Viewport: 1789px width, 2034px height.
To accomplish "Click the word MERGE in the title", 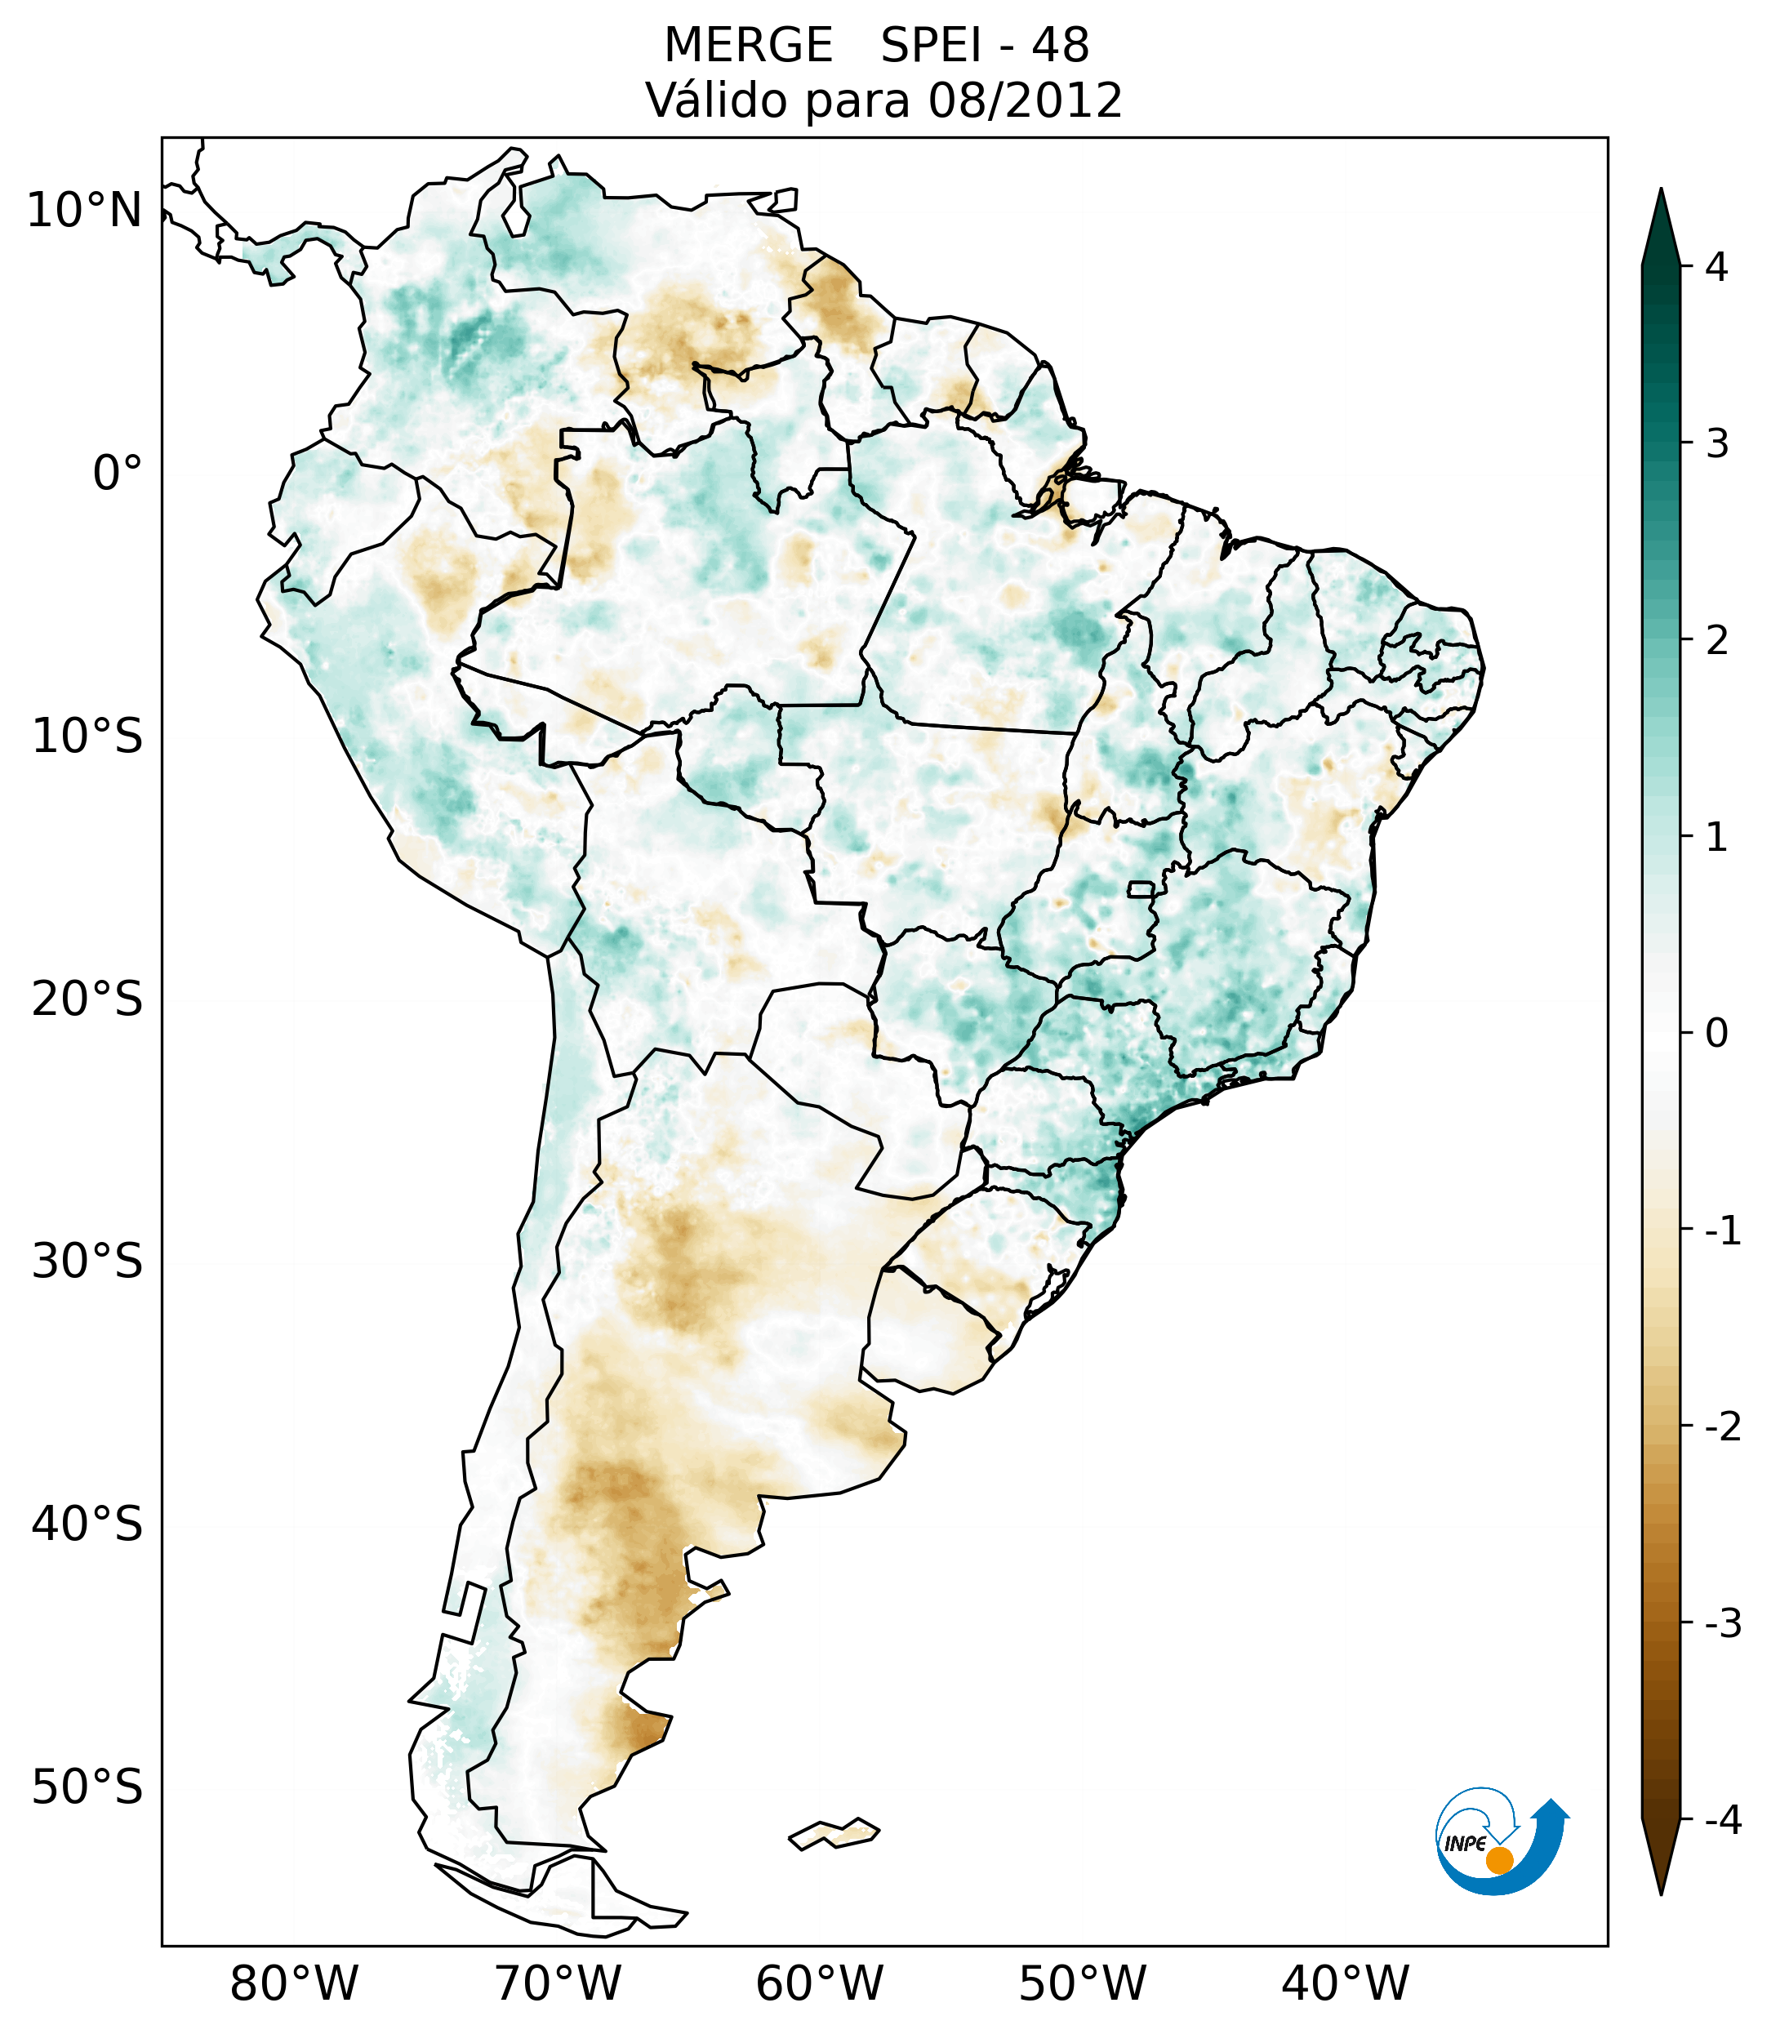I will click(x=747, y=46).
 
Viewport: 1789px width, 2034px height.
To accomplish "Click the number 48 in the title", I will click(x=1060, y=46).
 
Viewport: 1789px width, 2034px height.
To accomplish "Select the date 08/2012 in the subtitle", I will click(x=1025, y=100).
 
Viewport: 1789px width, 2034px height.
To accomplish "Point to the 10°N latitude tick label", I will click(x=85, y=211).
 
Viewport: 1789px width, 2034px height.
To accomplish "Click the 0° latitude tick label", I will click(x=118, y=474).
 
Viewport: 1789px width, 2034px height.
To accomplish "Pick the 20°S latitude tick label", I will click(x=87, y=999).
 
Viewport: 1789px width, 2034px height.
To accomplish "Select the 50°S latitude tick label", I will click(x=87, y=1787).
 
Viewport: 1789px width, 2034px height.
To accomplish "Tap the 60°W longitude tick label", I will click(x=819, y=1983).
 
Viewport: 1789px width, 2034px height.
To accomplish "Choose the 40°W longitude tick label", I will click(x=1346, y=1983).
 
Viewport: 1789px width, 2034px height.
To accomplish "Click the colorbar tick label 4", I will click(x=1716, y=267).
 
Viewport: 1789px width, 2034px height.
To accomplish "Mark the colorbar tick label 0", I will click(x=1716, y=1034).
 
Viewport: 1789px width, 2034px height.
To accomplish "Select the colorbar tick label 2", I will click(x=1716, y=641).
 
